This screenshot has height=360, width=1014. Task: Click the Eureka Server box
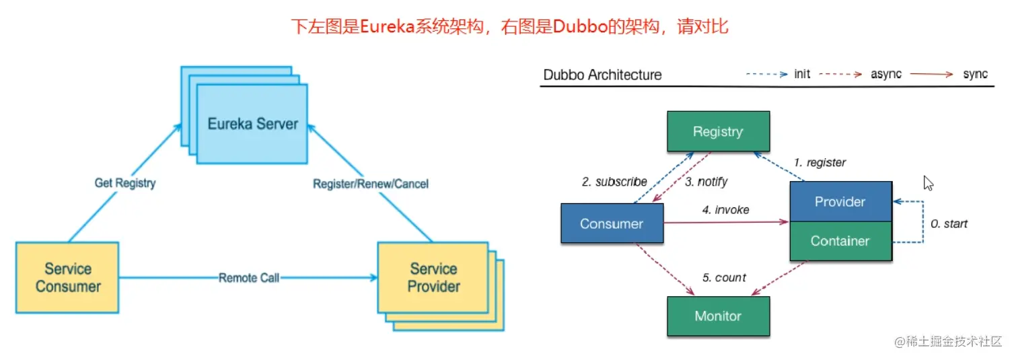(x=253, y=124)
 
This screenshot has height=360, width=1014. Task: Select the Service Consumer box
(x=67, y=277)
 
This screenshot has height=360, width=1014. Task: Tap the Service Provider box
(x=433, y=277)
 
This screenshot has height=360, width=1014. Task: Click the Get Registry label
(x=125, y=183)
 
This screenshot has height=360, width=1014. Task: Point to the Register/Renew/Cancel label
(x=371, y=184)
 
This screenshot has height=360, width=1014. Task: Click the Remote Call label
(x=249, y=277)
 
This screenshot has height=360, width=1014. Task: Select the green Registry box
(x=718, y=131)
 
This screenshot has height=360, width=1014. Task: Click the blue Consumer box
(x=612, y=223)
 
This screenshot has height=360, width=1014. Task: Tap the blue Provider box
(x=840, y=201)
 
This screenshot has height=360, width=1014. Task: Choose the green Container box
(x=840, y=241)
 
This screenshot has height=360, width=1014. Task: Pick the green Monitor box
(x=718, y=316)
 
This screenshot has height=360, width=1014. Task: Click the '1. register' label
(x=819, y=162)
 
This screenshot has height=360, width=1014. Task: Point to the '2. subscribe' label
(x=614, y=182)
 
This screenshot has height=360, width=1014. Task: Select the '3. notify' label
(x=707, y=182)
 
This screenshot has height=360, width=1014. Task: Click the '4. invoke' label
(x=725, y=210)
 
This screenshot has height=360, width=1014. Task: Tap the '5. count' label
(x=725, y=277)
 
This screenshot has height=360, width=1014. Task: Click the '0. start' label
(x=949, y=223)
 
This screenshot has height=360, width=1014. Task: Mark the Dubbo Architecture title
(x=602, y=75)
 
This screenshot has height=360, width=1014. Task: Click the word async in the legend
(x=886, y=74)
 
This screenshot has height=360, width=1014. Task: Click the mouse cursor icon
(x=929, y=183)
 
